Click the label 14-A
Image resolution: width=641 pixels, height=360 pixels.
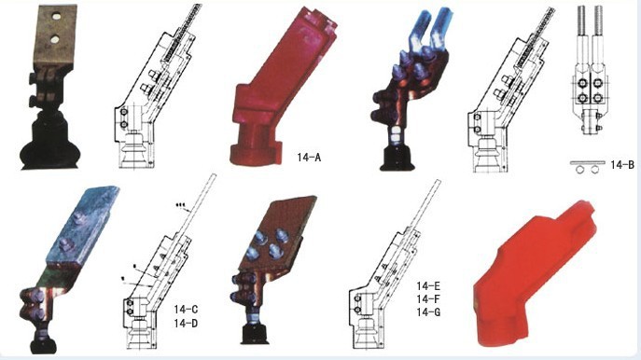(309, 158)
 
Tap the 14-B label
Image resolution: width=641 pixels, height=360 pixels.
(622, 165)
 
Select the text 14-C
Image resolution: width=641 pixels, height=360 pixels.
(186, 310)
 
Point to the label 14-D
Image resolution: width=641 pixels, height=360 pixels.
(186, 324)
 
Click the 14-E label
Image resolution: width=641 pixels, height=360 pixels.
(428, 285)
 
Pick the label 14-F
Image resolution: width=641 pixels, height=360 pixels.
(428, 298)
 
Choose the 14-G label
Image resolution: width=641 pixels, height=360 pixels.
(428, 312)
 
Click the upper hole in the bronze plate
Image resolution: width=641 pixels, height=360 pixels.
(56, 17)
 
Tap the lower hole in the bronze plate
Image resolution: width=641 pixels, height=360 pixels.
(55, 39)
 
